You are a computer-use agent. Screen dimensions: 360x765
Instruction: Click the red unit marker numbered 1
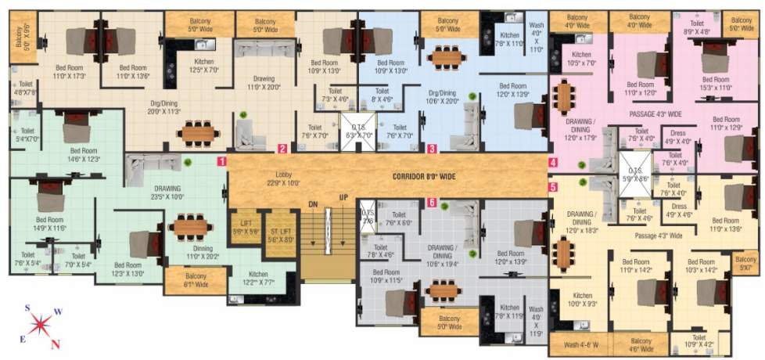coord(222,161)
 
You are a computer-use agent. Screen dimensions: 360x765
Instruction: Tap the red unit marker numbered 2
coord(282,147)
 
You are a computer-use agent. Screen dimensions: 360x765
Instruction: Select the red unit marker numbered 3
coord(432,147)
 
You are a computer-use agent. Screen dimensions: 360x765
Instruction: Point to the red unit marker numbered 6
coord(432,203)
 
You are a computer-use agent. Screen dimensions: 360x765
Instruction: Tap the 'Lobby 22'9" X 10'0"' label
coord(282,178)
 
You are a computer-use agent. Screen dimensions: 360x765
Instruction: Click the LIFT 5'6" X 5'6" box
coord(245,226)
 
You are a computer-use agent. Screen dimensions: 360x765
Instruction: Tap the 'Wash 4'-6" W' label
coord(579,343)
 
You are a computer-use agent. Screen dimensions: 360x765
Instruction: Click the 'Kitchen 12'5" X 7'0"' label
coord(203,65)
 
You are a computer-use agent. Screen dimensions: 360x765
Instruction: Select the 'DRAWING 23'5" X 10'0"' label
coord(167,193)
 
